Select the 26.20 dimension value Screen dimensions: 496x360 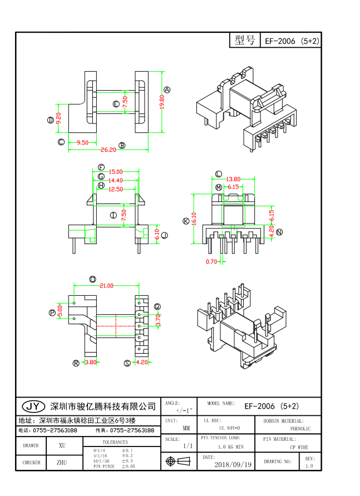point(108,149)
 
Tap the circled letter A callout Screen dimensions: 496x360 point(167,90)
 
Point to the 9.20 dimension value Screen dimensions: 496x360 point(58,118)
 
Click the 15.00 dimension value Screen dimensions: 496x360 point(116,172)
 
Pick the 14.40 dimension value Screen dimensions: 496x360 point(116,180)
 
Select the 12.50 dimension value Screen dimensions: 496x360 point(116,189)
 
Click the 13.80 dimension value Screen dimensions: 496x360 point(233,179)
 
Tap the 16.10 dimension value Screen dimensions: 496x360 point(194,219)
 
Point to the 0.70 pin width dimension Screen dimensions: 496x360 point(211,261)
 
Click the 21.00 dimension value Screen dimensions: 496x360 point(106,285)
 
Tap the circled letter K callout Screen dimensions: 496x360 point(186,221)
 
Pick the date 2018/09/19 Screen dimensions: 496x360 point(233,464)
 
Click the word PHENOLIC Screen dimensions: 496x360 point(301,429)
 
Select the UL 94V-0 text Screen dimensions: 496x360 point(230,428)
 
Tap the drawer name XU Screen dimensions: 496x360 point(62,445)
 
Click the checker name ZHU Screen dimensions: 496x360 point(62,462)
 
